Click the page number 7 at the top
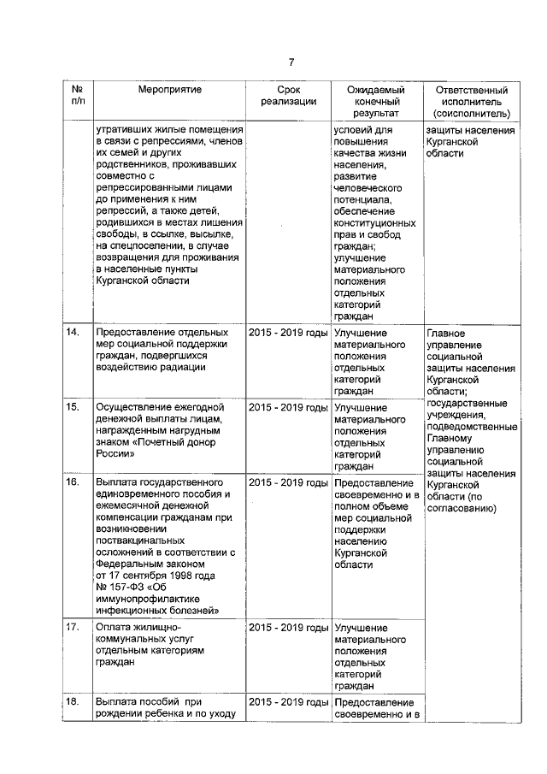click(291, 62)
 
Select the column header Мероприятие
click(169, 89)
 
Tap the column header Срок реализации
click(288, 95)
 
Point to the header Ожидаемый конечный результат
click(375, 101)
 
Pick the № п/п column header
click(77, 95)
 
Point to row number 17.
click(74, 627)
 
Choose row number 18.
click(74, 702)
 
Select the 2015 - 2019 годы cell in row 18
click(288, 702)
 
